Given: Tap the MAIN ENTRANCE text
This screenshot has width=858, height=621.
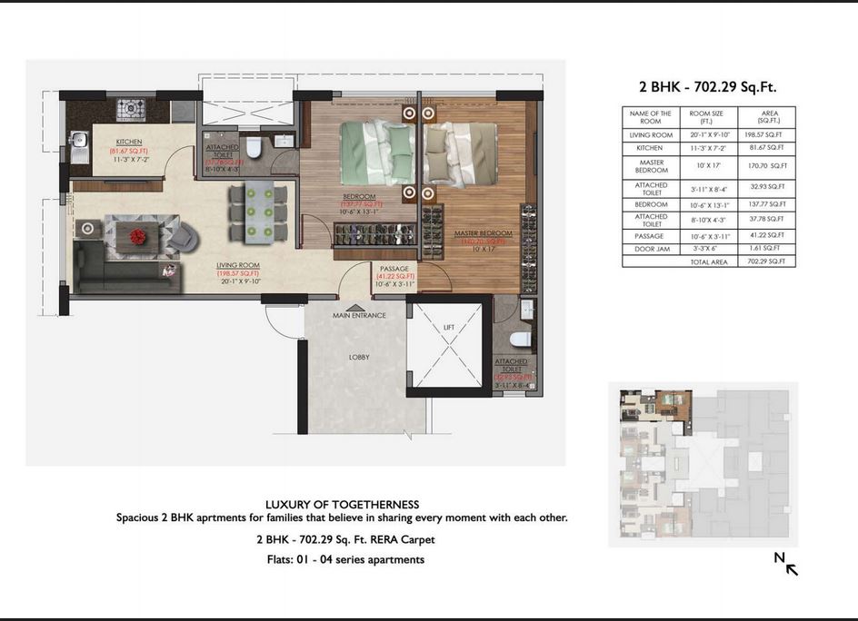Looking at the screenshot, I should pos(359,315).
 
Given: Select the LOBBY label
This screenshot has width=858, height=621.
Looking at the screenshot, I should pos(359,357).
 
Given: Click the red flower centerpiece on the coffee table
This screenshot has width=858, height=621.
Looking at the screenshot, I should pos(138,236).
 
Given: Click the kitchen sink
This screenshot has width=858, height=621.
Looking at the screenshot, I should pos(79,142).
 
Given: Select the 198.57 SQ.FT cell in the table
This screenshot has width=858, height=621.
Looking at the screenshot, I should pos(770,134).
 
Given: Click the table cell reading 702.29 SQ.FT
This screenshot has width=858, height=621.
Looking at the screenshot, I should pos(770,261).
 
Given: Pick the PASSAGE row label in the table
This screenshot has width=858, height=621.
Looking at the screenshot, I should pos(651,235).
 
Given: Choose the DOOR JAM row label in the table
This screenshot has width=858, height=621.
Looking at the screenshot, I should pos(651,248).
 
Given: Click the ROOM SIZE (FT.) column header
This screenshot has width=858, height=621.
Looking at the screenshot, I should pos(706,117).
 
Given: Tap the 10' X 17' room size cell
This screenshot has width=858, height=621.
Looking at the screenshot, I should pos(706,166).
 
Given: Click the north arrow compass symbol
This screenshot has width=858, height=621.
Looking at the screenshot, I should pos(786,564).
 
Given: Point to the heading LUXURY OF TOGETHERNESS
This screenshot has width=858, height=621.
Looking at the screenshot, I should pos(342,504).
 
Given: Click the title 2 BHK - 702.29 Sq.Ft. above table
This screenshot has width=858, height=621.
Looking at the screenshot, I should pos(708,87).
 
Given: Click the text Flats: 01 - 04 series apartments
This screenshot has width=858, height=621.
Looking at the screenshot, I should pos(342,559).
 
